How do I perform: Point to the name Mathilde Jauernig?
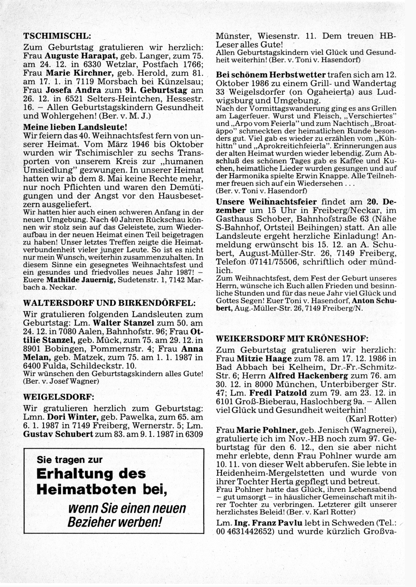tap(81, 280)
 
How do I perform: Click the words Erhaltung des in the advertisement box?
tap(91, 474)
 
